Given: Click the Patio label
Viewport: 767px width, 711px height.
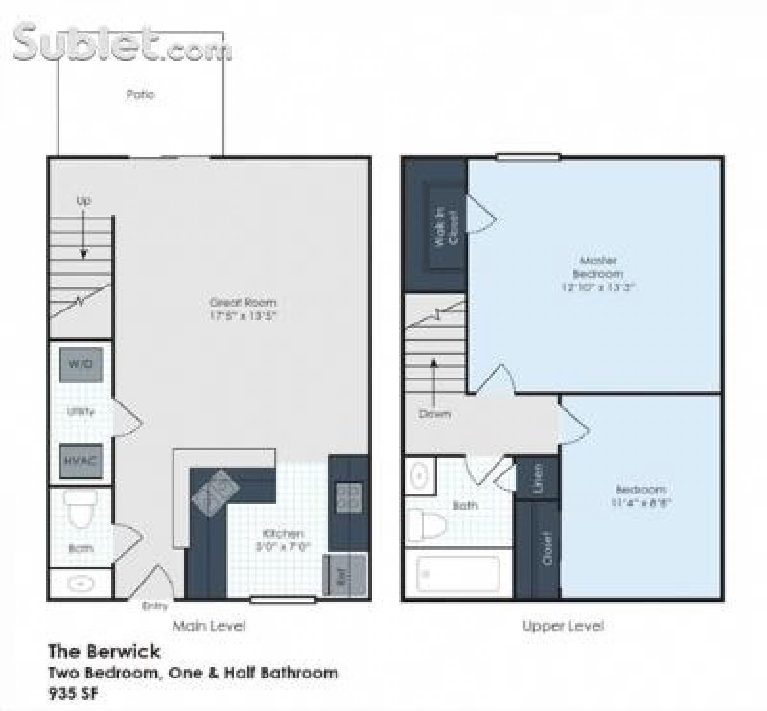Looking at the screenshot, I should coord(140,95).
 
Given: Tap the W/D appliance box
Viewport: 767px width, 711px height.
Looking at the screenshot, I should coord(81,365).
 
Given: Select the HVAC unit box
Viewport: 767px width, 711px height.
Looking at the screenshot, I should coord(81,461).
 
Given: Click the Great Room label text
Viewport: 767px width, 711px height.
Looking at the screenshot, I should coord(243,303).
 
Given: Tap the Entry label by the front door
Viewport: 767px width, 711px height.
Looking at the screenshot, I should coord(155,606).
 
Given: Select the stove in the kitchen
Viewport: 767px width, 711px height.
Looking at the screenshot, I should coord(348,498).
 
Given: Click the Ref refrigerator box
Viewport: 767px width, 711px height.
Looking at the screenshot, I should coord(345,574).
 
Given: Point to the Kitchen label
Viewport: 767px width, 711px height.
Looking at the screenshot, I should coord(283,533).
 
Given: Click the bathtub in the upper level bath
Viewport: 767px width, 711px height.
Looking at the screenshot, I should coord(458,573).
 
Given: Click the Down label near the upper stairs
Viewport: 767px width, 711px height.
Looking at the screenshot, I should coord(434,414).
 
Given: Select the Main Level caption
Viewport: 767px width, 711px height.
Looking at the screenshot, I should coord(208,626).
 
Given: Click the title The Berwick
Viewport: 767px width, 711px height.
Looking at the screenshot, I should coord(104,652).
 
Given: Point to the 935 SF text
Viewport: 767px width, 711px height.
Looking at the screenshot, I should coord(74,693).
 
